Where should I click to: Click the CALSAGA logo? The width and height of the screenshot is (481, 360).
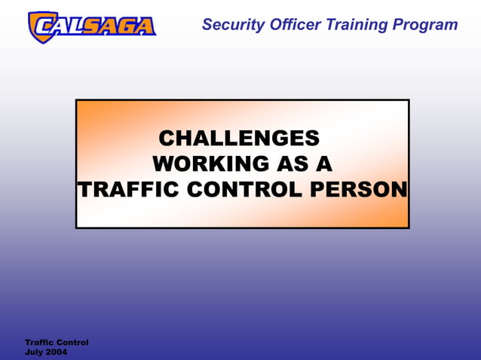(91, 26)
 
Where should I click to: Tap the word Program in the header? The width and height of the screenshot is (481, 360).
(424, 25)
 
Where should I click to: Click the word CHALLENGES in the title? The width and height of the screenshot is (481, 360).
(239, 139)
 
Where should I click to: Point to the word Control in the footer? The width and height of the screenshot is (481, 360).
(72, 343)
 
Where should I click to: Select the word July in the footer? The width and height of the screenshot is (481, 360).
(34, 352)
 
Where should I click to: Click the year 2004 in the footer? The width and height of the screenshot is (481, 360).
(57, 352)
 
